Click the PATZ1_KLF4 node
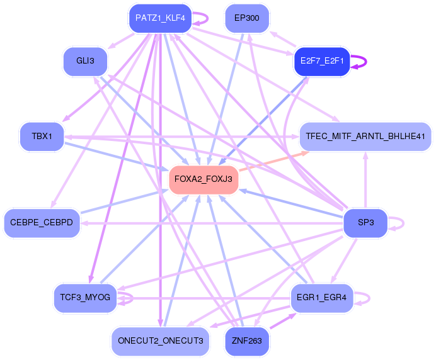pyautogui.click(x=160, y=18)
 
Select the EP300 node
pyautogui.click(x=247, y=18)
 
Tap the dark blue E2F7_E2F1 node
pyautogui.click(x=322, y=61)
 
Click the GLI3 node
pyautogui.click(x=85, y=61)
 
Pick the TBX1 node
pyautogui.click(x=42, y=137)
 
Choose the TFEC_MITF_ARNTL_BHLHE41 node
pyautogui.click(x=365, y=137)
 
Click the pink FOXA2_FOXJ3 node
pyautogui.click(x=204, y=179)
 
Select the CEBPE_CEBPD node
pyautogui.click(x=42, y=223)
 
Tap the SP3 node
pyautogui.click(x=365, y=223)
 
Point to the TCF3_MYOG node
pyautogui.click(x=85, y=298)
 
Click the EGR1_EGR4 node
pyautogui.click(x=322, y=298)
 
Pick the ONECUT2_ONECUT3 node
pyautogui.click(x=160, y=341)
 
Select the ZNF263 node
pyautogui.click(x=247, y=341)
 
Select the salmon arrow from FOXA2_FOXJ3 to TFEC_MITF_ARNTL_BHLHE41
pyautogui.click(x=274, y=161)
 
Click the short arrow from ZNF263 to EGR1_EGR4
pyautogui.click(x=283, y=321)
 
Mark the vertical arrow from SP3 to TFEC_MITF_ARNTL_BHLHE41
pyautogui.click(x=365, y=180)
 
